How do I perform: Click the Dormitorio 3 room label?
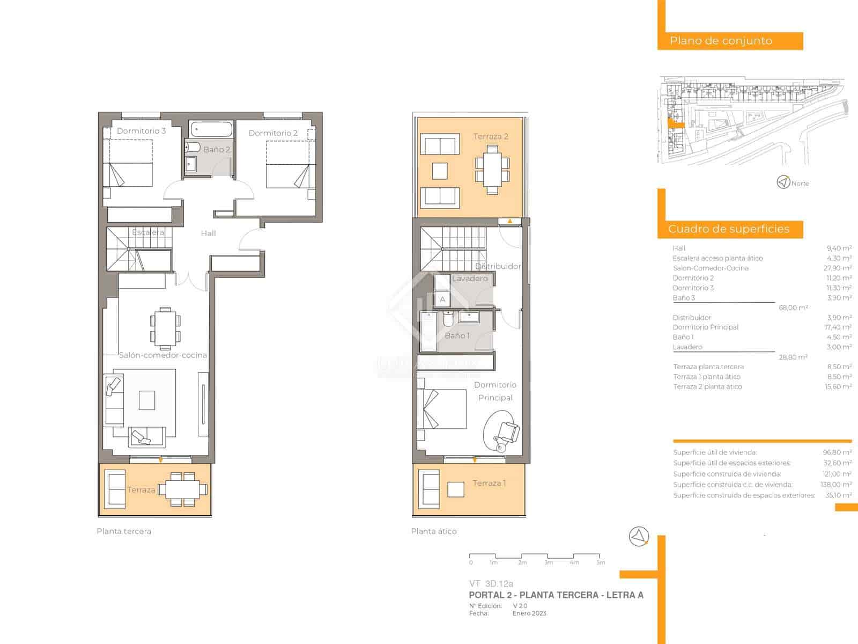point(141,131)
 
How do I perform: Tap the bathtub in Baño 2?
point(211,129)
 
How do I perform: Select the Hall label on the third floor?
point(208,233)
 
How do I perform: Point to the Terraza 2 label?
point(491,136)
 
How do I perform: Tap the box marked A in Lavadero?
point(442,299)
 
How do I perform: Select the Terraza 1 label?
point(489,483)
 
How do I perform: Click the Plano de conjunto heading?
point(721,41)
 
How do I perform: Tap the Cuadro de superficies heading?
point(728,229)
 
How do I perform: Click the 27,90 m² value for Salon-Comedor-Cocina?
point(839,268)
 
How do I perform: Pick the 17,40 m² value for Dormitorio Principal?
point(838,327)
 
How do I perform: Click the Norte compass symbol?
point(783,182)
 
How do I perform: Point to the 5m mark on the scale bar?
point(601,562)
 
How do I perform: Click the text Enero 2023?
point(529,613)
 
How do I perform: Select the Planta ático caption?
point(434,531)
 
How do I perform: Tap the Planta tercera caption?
point(124,531)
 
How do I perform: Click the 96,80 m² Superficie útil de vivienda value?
point(837,452)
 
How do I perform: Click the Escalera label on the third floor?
point(148,232)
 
